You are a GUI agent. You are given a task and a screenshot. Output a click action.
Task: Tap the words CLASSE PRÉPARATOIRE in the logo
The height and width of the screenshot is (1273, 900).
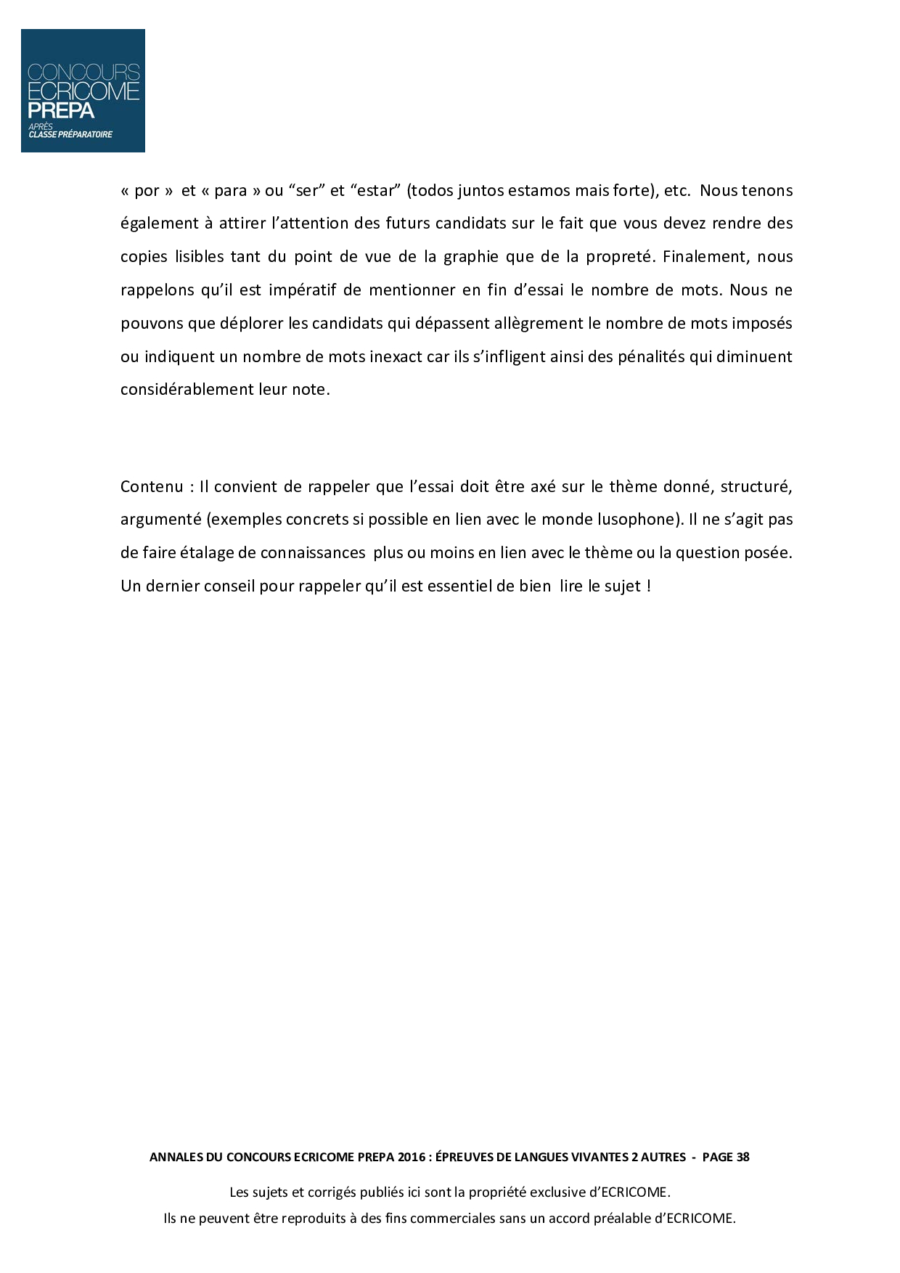(x=70, y=134)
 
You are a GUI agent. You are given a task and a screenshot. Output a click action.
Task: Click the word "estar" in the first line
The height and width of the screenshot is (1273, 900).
(x=377, y=191)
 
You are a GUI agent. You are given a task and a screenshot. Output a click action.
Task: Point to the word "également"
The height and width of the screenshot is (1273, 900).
(x=159, y=224)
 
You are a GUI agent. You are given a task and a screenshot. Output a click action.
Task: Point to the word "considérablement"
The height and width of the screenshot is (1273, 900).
(x=187, y=389)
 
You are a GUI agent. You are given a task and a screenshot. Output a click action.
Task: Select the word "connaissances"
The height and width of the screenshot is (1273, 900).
(x=312, y=553)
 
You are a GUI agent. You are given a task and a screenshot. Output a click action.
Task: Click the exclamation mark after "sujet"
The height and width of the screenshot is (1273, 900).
(x=648, y=586)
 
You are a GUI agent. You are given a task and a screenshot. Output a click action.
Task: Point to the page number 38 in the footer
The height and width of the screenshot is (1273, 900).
(x=742, y=1158)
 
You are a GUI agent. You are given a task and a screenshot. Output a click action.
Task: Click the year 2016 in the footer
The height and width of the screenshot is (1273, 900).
(x=412, y=1158)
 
